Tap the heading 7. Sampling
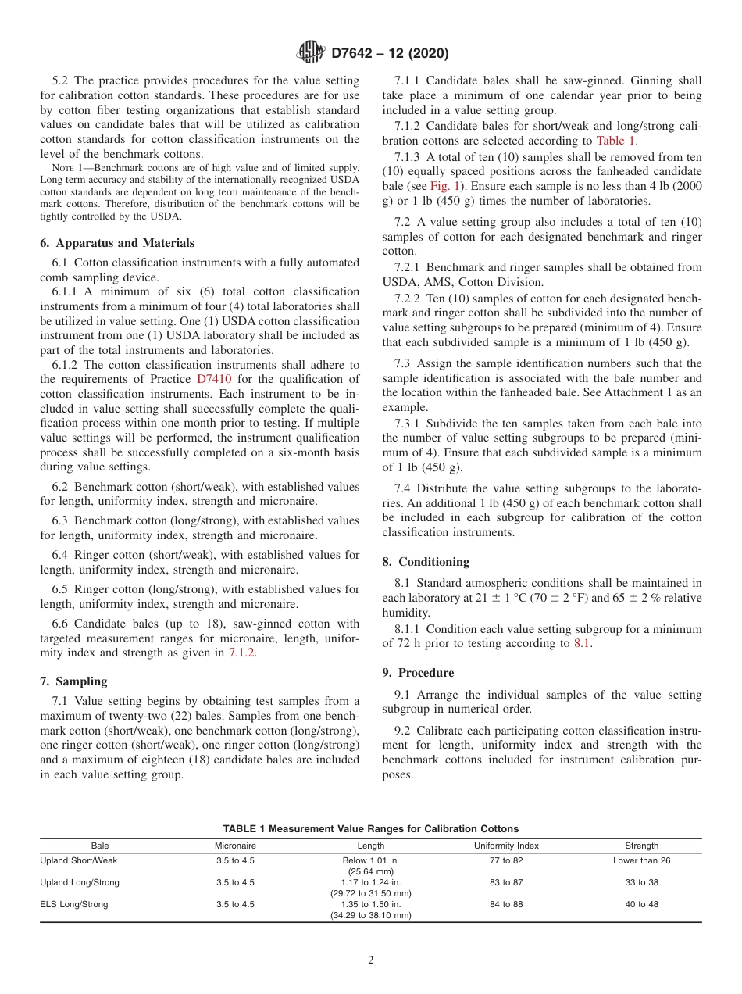click(73, 681)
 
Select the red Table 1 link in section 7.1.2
click(615, 141)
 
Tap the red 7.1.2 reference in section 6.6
click(242, 653)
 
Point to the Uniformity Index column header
click(506, 846)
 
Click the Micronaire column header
click(235, 846)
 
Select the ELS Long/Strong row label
click(74, 904)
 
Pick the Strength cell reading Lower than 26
click(641, 860)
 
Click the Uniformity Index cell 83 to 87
click(506, 882)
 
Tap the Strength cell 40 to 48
click(641, 904)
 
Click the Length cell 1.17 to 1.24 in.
click(370, 882)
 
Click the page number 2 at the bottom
click(371, 960)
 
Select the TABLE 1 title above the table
click(371, 828)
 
